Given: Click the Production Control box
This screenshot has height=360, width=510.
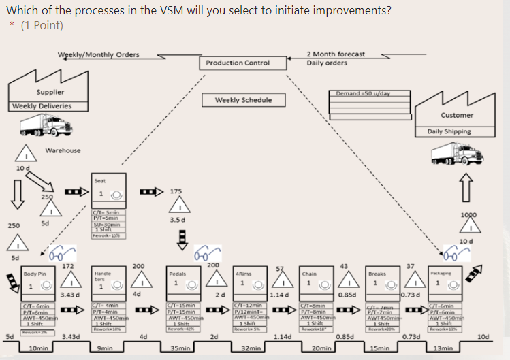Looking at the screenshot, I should coord(238,63).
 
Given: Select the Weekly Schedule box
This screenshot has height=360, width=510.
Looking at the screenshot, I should coord(243,100).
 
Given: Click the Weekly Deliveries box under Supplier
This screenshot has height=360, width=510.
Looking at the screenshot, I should coord(42,106).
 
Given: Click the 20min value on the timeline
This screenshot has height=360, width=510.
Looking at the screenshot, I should coord(321,348).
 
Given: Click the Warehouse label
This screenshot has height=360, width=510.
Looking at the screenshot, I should coord(63,150).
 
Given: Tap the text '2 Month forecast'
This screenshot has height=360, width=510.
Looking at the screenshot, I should coord(335,54).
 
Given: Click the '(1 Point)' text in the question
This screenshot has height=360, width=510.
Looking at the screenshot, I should coord(42,25).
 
